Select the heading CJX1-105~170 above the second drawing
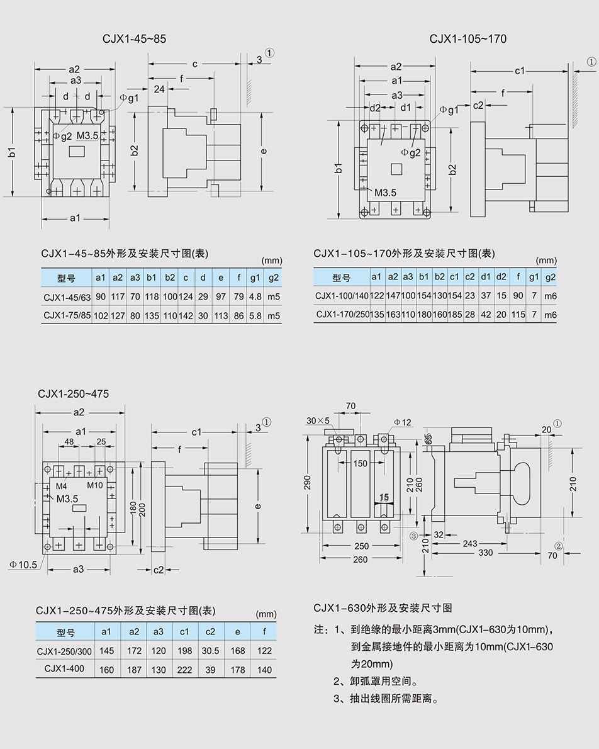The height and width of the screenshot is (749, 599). pos(467,39)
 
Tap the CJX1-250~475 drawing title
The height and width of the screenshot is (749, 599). pos(73,394)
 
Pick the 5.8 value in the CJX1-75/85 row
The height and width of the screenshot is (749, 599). pos(255,316)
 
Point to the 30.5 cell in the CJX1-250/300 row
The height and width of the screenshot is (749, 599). pos(210,651)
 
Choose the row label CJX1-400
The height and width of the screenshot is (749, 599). pos(64,668)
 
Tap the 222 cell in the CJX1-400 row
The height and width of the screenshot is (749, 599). pos(184,669)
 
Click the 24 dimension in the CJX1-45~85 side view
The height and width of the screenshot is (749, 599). pos(159,89)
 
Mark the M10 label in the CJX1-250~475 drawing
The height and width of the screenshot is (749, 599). pos(95,485)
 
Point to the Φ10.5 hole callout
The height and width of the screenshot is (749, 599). pos(23,565)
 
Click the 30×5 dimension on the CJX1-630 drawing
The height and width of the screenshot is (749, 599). pos(318,420)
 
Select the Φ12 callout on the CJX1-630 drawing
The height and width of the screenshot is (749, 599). pos(403,422)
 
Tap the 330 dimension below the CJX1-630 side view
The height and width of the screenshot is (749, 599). pos(485,553)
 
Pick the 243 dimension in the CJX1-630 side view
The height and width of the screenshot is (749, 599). pos(469,543)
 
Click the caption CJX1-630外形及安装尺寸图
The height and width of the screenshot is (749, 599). pos(383,608)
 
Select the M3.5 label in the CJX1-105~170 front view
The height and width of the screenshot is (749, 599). pos(385,193)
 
